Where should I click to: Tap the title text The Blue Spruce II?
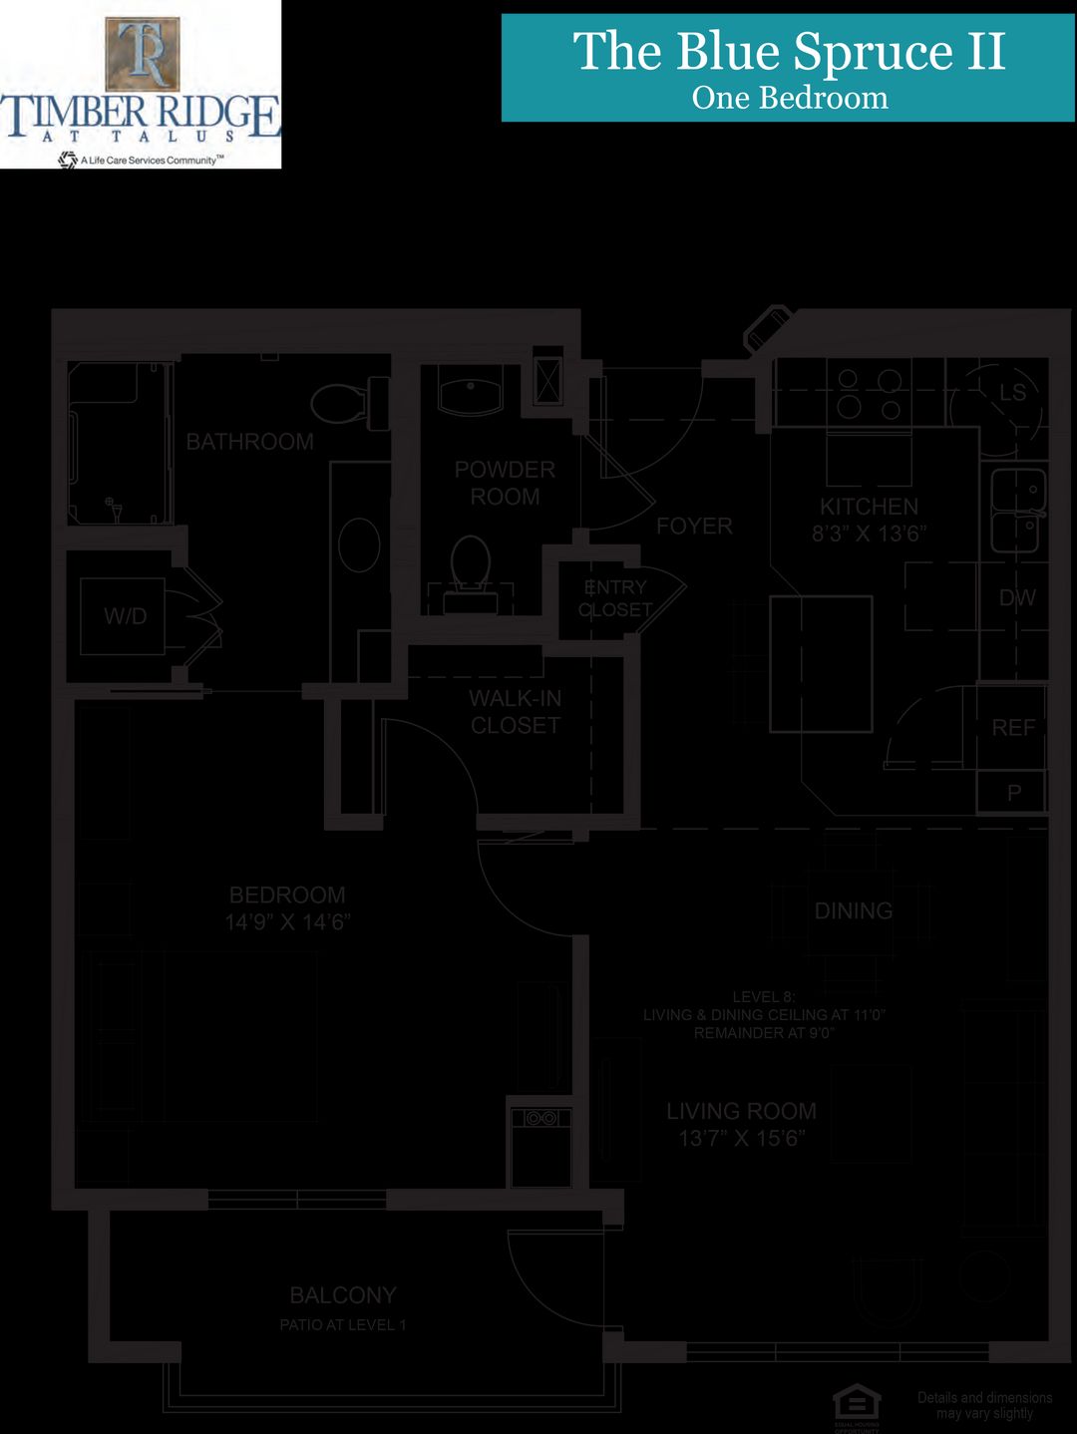[x=789, y=52]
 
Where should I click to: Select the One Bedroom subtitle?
[x=789, y=98]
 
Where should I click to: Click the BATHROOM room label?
[x=249, y=442]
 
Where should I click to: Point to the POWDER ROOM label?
[x=505, y=483]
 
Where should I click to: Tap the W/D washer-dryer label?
[x=126, y=616]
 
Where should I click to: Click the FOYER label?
[x=694, y=526]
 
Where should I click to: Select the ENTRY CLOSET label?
[x=615, y=598]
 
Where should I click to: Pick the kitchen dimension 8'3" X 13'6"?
[x=869, y=534]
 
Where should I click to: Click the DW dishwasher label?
[x=1017, y=598]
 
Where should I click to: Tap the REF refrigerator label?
[x=1013, y=728]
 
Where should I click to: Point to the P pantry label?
[x=1014, y=794]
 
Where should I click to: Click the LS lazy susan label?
[x=1013, y=393]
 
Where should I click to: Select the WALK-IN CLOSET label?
[x=516, y=712]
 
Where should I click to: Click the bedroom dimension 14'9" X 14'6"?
[x=287, y=922]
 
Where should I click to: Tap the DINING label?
[x=854, y=910]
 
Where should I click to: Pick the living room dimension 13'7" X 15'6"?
[x=741, y=1139]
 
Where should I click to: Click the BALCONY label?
[x=343, y=1295]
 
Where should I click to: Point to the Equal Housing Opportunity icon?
[x=857, y=1404]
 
